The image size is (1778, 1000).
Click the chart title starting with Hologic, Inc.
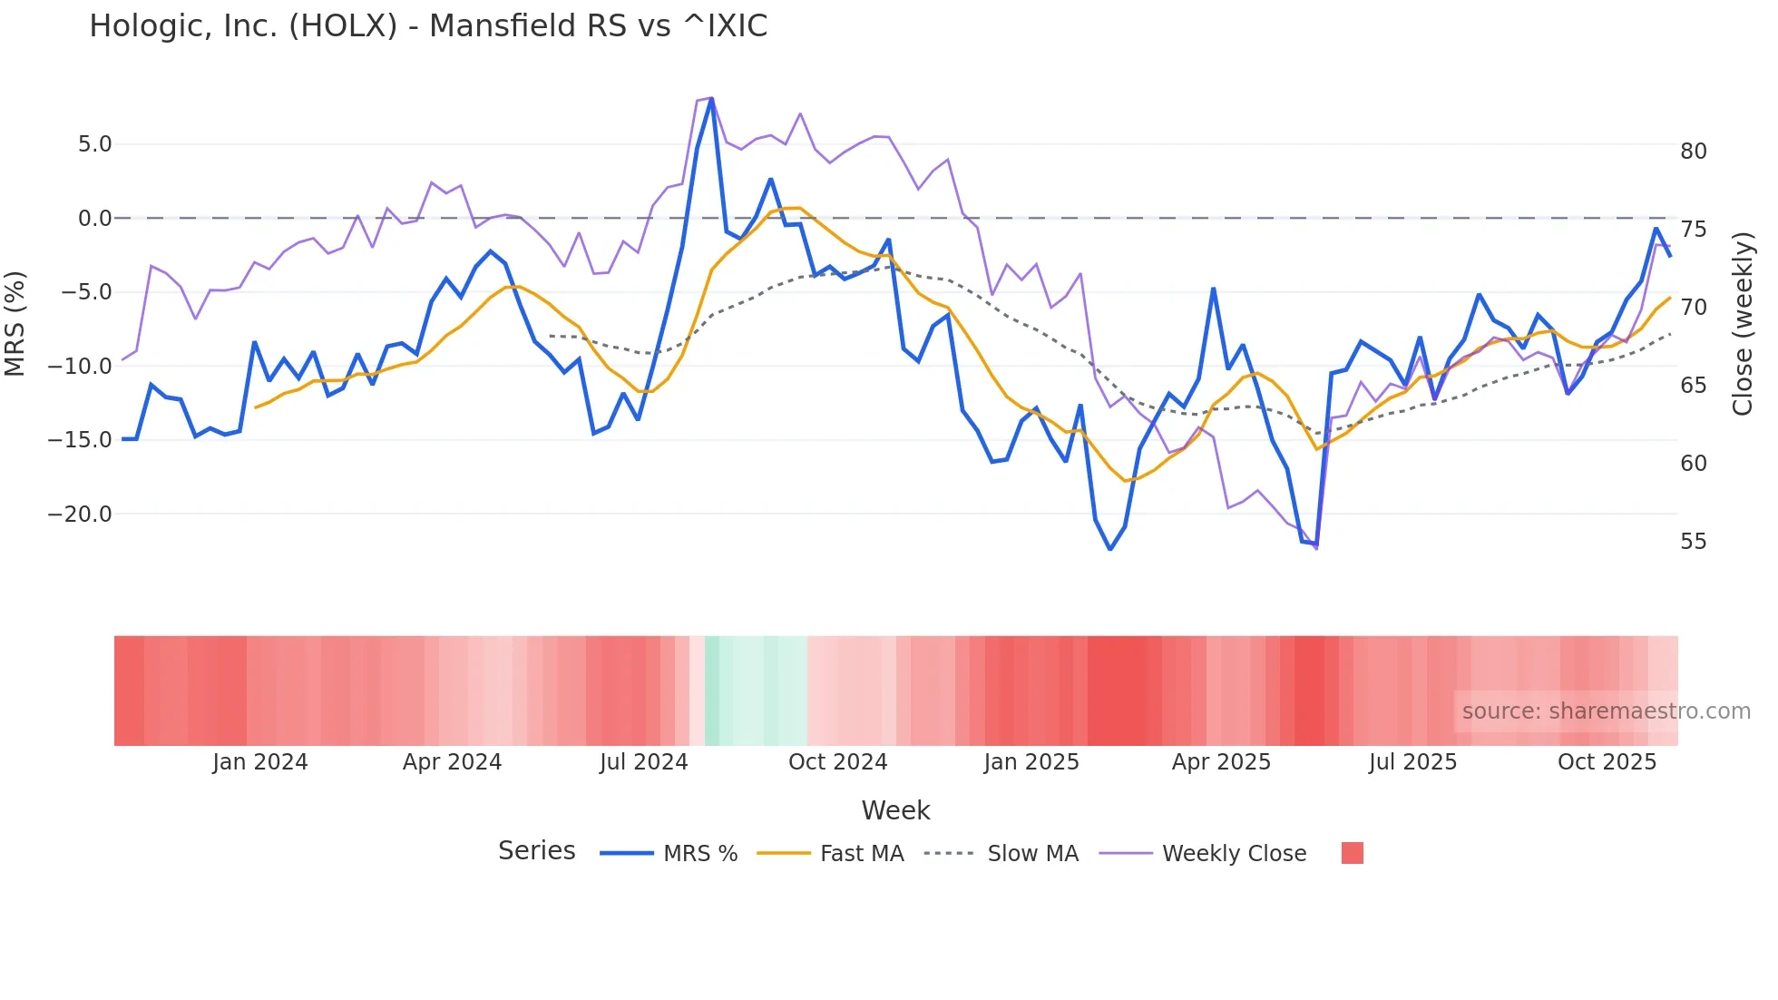(x=428, y=26)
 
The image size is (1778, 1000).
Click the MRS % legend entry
(x=699, y=854)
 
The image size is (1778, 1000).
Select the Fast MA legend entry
(x=861, y=854)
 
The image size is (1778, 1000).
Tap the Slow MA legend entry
(x=1032, y=854)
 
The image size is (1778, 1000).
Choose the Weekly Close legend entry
(x=1234, y=854)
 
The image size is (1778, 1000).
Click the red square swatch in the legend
(x=1352, y=853)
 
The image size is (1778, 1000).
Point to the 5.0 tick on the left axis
(x=94, y=144)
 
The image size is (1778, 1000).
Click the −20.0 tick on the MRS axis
(x=80, y=515)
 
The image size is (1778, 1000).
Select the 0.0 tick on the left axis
(x=94, y=219)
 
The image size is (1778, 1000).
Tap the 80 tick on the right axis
(x=1693, y=152)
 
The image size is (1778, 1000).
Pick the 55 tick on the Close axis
(x=1693, y=542)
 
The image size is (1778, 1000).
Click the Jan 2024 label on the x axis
(x=260, y=762)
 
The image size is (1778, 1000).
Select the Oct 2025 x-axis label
(x=1607, y=762)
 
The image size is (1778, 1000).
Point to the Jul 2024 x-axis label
(x=644, y=762)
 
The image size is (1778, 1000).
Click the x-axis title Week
(x=895, y=810)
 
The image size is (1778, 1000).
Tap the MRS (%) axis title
(x=15, y=323)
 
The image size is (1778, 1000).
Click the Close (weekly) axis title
(x=1742, y=324)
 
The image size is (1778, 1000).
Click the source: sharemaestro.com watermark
(x=1606, y=711)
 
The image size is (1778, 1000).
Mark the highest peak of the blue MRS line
(x=711, y=99)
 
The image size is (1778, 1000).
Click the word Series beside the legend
(x=536, y=851)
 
